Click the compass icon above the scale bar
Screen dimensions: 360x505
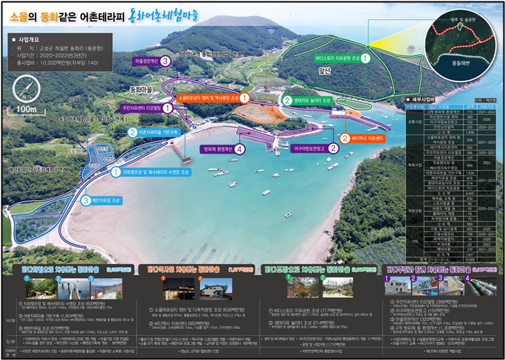pos(27,86)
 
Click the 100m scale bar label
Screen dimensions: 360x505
pos(27,110)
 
